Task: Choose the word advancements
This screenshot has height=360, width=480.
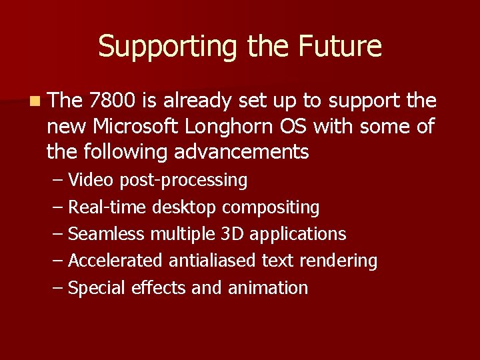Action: coord(241,152)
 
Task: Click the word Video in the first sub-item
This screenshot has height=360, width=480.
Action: coord(91,180)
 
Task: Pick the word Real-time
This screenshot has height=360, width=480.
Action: coord(108,207)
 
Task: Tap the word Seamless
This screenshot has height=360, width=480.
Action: coord(107,234)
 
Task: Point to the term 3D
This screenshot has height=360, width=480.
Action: coord(233,234)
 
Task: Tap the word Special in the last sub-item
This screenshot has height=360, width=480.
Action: coord(97,289)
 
